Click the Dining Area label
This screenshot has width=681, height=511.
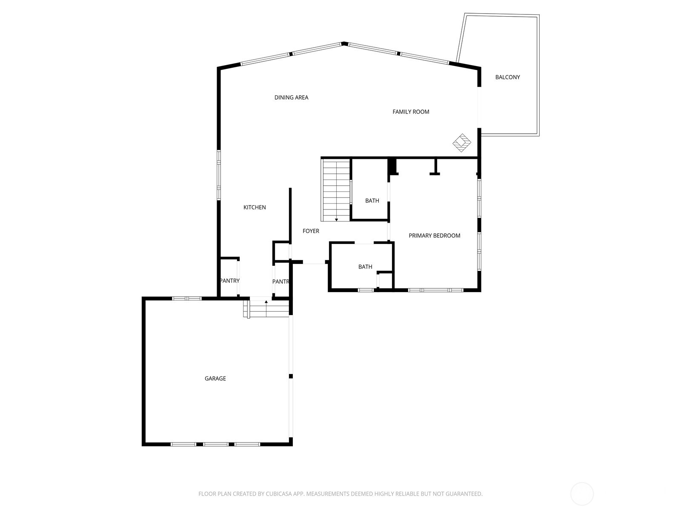pos(291,98)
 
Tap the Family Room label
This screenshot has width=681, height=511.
pos(411,112)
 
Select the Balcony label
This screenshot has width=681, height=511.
pos(507,78)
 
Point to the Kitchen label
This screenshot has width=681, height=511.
pos(255,207)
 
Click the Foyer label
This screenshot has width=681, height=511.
pos(311,231)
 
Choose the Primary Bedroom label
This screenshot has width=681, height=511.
pos(434,235)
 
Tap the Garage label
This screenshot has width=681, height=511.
pos(215,379)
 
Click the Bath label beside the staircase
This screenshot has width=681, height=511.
pos(372,201)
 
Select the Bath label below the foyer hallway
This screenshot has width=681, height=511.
pos(365,267)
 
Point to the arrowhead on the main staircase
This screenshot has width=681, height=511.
pos(336,220)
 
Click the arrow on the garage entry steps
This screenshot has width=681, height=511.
pos(266,301)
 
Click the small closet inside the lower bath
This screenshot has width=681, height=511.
pos(386,280)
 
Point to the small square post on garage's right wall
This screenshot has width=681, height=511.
pos(291,376)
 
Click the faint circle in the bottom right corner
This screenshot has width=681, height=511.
pos(582,494)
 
